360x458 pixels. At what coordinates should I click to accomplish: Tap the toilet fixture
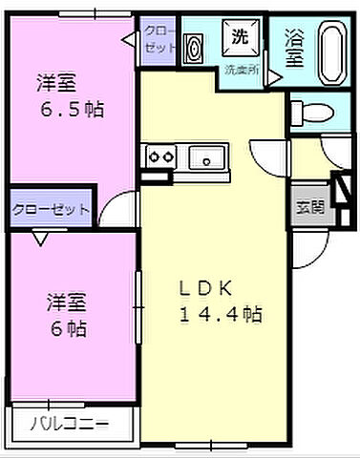click(310, 111)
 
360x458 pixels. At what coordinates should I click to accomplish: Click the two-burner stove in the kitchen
click(159, 156)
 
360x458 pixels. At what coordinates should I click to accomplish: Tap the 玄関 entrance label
click(307, 204)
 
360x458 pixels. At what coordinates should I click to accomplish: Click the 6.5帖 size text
click(72, 110)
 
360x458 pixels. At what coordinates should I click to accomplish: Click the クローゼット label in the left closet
click(50, 209)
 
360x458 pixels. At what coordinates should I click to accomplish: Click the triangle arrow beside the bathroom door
click(276, 76)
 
